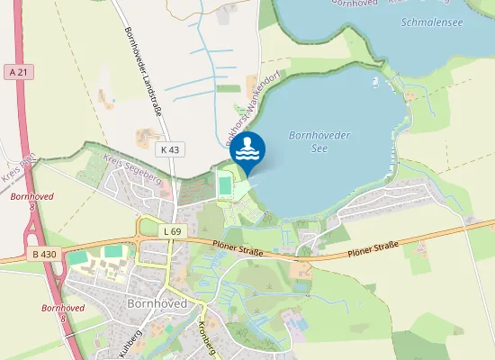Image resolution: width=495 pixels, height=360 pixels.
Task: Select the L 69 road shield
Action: coord(173,232)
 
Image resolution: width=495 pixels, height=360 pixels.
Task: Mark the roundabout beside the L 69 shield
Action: coord(145,229)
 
